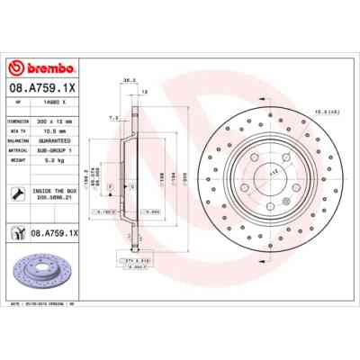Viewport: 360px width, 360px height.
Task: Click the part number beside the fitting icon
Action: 56,233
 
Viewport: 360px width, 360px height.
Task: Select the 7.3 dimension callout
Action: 112,118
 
